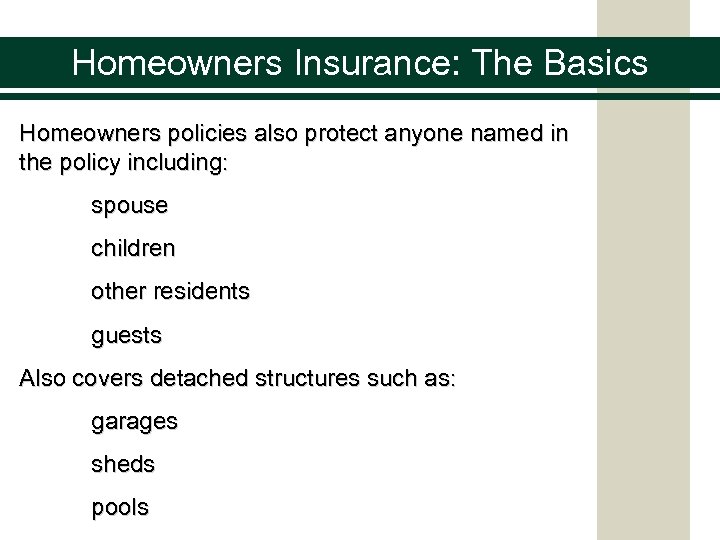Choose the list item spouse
click(x=129, y=207)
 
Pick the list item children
click(x=133, y=249)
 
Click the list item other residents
click(x=170, y=292)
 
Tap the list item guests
click(x=126, y=336)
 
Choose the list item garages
click(x=134, y=423)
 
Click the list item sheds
click(x=123, y=465)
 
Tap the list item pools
click(x=120, y=507)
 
